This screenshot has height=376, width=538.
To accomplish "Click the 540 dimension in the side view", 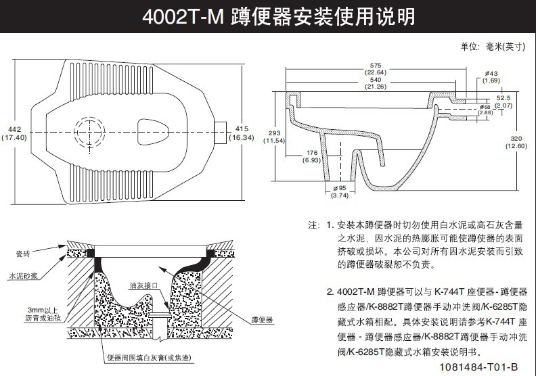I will click(x=376, y=79).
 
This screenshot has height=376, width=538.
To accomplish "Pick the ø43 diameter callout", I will click(x=491, y=73).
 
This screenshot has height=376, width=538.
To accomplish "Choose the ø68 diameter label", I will click(x=485, y=107).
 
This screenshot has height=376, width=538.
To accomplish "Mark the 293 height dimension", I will click(x=275, y=133).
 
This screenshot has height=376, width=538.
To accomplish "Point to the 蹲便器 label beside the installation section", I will click(x=261, y=319).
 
